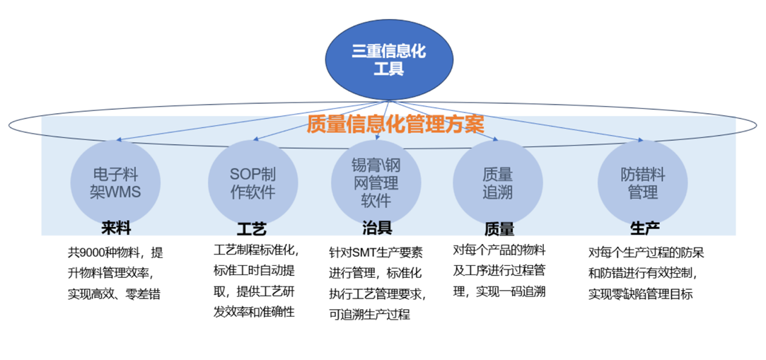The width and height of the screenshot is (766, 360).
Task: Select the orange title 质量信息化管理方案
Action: point(395,124)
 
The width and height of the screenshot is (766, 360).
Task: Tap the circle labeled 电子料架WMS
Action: point(115,182)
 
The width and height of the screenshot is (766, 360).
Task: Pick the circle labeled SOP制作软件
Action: point(253,182)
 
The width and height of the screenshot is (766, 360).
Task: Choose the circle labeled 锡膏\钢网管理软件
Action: point(376,182)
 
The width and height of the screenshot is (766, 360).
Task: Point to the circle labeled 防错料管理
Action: point(642,182)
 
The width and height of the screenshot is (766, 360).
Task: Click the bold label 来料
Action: point(115,228)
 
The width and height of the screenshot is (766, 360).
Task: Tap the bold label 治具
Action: point(376,228)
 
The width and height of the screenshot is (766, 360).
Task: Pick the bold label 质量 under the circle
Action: point(499,229)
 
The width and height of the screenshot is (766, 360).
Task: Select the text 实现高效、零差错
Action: point(113,293)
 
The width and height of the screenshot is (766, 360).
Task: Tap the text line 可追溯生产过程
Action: point(369,314)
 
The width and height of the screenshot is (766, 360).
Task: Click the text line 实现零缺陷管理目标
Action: point(640,293)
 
